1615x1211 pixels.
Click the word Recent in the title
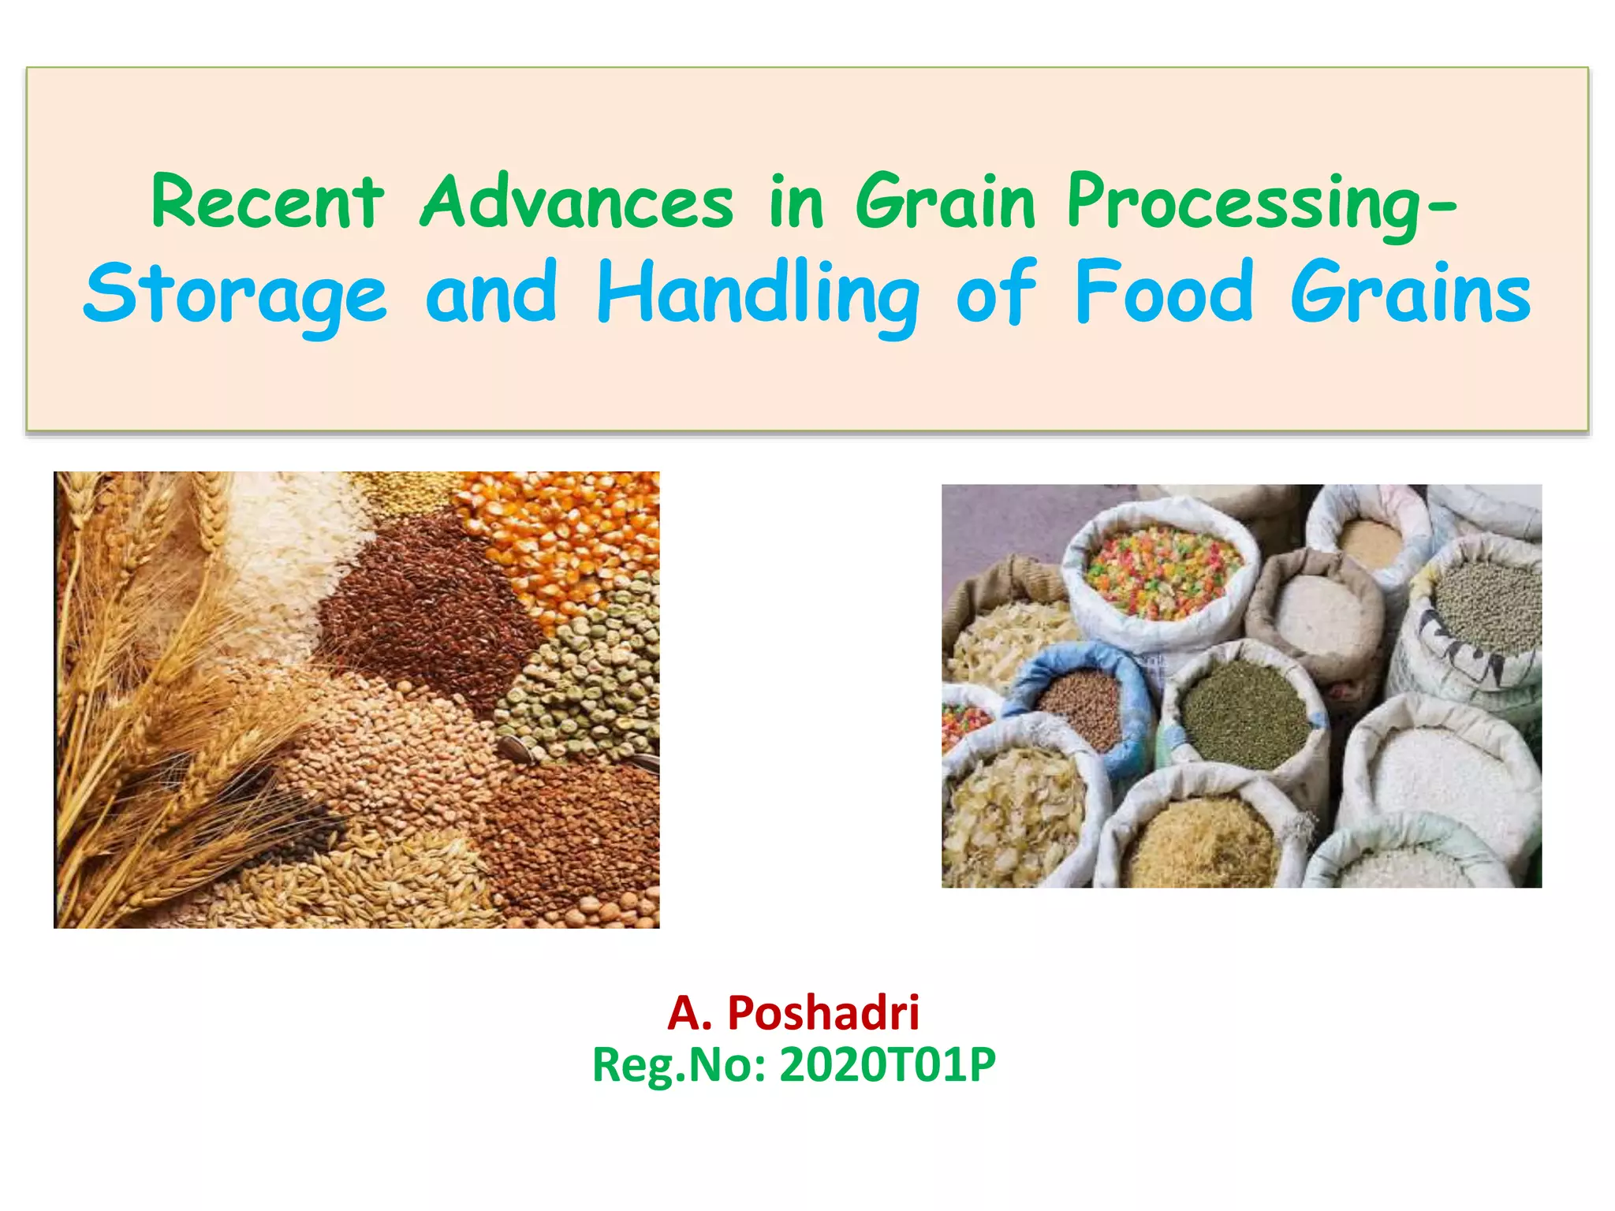267,203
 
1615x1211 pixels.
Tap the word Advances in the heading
576,203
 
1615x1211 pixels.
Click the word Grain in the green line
946,203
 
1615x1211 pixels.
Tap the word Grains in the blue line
1411,293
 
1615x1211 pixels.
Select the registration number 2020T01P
888,1066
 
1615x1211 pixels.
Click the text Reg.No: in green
680,1066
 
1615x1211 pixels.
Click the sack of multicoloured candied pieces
1159,572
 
